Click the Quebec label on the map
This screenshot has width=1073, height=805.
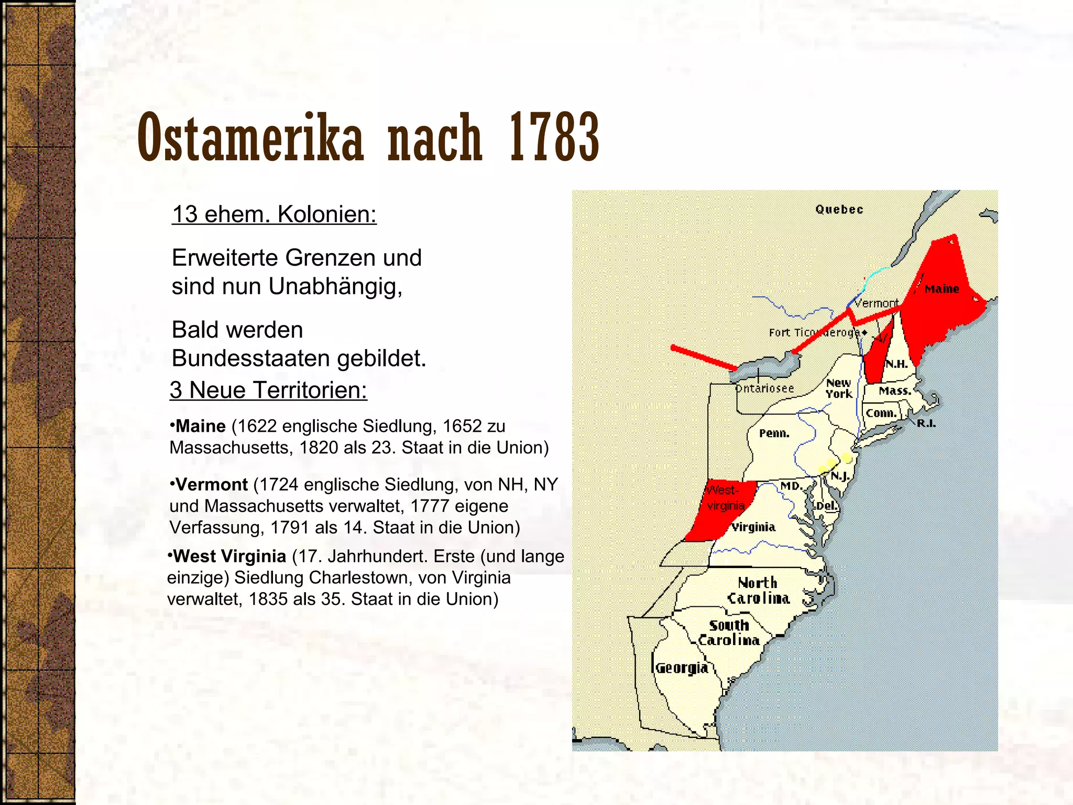click(839, 210)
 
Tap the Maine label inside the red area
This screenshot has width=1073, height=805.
click(941, 289)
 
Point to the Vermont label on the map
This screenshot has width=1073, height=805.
click(876, 303)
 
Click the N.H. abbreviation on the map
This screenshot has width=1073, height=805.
click(896, 364)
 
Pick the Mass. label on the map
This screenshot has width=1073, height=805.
click(895, 391)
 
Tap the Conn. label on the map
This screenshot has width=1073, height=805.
click(881, 414)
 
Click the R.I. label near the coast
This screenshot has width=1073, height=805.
click(926, 423)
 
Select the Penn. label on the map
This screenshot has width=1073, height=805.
click(774, 433)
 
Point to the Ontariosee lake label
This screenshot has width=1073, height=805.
click(765, 388)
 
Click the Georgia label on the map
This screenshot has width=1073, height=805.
click(682, 668)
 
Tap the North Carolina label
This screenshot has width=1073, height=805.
click(758, 591)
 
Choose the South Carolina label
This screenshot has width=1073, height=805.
click(729, 633)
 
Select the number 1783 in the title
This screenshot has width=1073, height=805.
click(554, 138)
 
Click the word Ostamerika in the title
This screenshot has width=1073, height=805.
click(250, 138)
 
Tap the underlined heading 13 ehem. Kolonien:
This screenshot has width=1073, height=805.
click(274, 214)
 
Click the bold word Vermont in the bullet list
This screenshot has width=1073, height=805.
click(211, 485)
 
